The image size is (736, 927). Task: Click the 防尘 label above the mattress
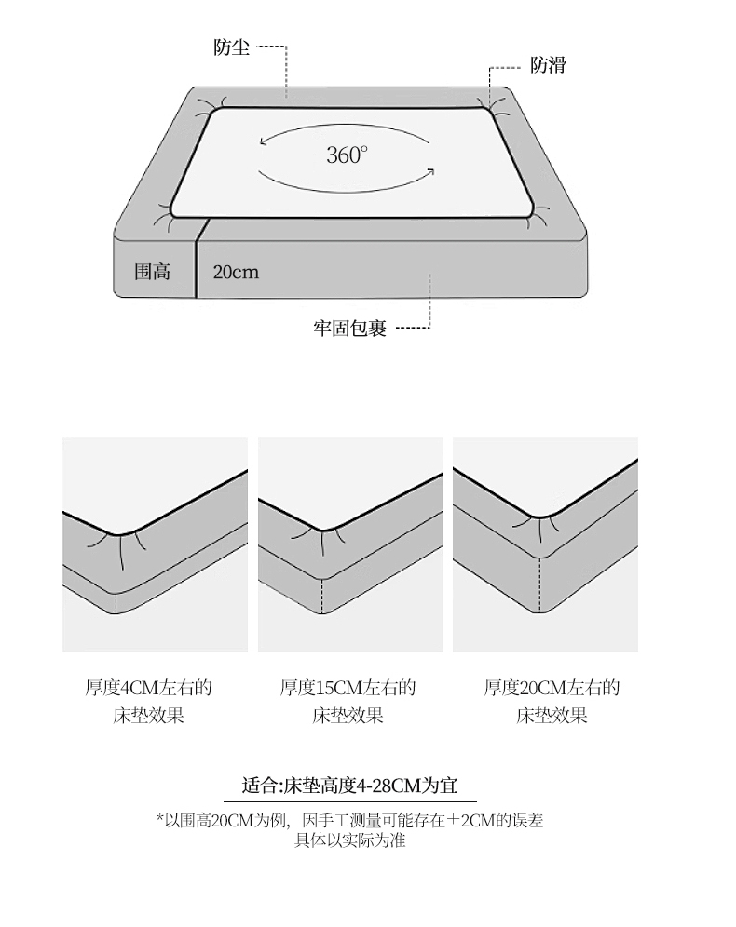coord(231,47)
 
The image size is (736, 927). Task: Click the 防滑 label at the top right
coord(548,65)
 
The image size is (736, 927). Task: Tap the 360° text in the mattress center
coord(347,155)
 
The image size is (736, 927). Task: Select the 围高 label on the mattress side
coord(153,272)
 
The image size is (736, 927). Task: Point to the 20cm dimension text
coord(236,272)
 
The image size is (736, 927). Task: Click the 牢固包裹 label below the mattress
coord(349,329)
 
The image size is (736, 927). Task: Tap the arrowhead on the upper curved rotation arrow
coord(264,143)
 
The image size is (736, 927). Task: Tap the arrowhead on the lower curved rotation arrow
coord(431,170)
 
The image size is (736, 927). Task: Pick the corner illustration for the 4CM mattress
coord(155,544)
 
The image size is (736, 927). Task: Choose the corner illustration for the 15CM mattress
coord(350,544)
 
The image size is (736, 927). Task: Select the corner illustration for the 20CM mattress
coord(545,544)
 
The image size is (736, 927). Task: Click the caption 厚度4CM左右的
coord(149,689)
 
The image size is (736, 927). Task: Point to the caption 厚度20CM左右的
coord(552,689)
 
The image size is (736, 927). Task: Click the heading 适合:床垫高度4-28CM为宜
coord(350,785)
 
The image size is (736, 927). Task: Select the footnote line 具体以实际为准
coord(350,841)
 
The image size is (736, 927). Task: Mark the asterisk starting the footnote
coord(158,819)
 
